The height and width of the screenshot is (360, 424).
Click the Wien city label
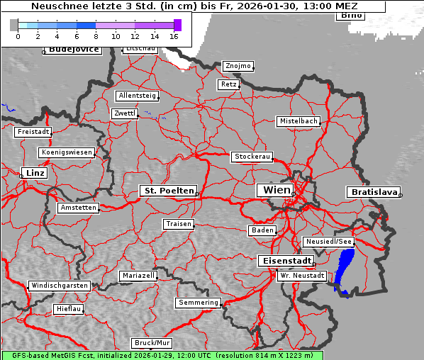tap(277, 190)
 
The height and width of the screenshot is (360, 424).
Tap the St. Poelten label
tap(168, 191)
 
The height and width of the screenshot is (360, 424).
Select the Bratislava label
tap(372, 192)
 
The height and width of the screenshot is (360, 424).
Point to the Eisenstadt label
tap(284, 261)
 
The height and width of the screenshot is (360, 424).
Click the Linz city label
tap(33, 173)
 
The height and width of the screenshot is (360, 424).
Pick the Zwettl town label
tap(125, 113)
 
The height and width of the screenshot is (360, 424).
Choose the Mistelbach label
tap(298, 121)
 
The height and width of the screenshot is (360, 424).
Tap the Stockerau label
tap(252, 157)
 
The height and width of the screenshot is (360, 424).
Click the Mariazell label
tap(138, 275)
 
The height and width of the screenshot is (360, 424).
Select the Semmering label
tap(199, 303)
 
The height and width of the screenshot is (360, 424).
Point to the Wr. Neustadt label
tap(302, 275)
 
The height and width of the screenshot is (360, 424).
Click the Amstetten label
tap(78, 208)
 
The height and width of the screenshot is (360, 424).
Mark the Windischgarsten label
tap(59, 286)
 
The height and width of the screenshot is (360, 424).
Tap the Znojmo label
tap(238, 66)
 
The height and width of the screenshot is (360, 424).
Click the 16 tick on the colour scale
tap(174, 35)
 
